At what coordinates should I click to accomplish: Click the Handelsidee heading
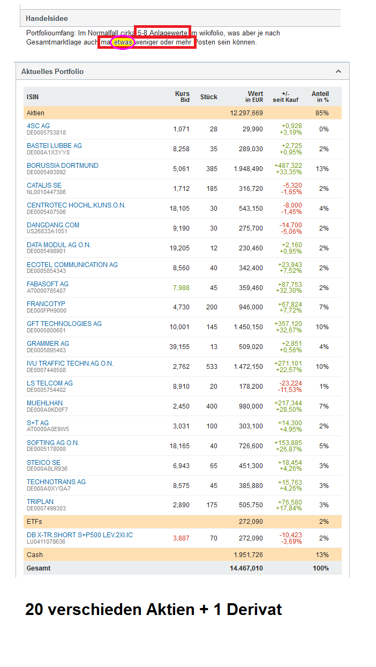click(x=47, y=18)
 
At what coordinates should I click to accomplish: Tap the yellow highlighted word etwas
click(x=122, y=42)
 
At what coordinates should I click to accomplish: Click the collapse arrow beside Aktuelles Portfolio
click(x=338, y=71)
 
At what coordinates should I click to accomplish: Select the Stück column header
click(x=208, y=97)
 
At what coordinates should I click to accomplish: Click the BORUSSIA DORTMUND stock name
click(x=62, y=166)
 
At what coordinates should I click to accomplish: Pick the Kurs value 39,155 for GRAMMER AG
click(x=179, y=347)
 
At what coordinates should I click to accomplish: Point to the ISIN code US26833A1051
click(x=47, y=232)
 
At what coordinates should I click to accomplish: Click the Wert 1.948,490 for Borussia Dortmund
click(x=248, y=169)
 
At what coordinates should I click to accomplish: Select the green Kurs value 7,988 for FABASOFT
click(x=181, y=288)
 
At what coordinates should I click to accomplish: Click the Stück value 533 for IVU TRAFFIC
click(x=212, y=367)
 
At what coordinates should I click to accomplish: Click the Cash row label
click(x=35, y=555)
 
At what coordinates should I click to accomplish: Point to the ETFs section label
click(x=34, y=522)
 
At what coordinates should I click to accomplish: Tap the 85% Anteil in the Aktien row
click(x=322, y=113)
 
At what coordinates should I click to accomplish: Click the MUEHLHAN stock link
click(x=44, y=403)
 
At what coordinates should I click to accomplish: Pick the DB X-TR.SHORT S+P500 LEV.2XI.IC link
click(x=80, y=535)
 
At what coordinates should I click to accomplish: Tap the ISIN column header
click(x=33, y=97)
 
